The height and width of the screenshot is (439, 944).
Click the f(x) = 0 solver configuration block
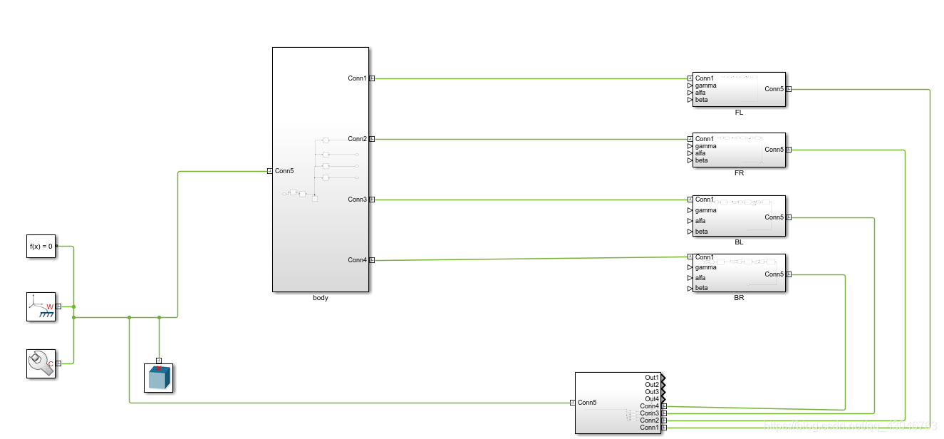point(41,246)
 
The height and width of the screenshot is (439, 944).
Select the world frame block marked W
point(41,306)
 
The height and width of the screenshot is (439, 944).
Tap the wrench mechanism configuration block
point(41,363)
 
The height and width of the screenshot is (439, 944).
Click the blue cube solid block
point(159,378)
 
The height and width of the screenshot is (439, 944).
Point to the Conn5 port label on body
point(284,171)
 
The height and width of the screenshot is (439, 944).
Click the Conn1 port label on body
point(357,78)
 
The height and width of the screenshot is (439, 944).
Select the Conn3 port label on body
point(357,200)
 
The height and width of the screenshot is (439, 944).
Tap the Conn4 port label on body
point(357,260)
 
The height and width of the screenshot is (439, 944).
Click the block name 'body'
point(321,298)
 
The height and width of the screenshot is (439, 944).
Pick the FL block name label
point(739,113)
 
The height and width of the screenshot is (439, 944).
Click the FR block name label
point(739,173)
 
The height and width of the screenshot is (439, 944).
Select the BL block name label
point(739,242)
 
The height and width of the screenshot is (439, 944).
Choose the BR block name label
point(739,298)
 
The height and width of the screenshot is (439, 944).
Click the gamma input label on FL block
point(706,86)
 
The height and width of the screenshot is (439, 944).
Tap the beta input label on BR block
point(702,289)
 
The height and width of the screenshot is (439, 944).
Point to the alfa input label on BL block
point(702,221)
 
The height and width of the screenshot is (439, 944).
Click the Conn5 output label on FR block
point(774,150)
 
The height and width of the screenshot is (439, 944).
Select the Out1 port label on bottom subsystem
point(652,378)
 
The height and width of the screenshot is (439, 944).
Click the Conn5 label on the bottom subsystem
point(587,403)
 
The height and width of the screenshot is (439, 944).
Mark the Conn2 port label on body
point(357,139)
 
